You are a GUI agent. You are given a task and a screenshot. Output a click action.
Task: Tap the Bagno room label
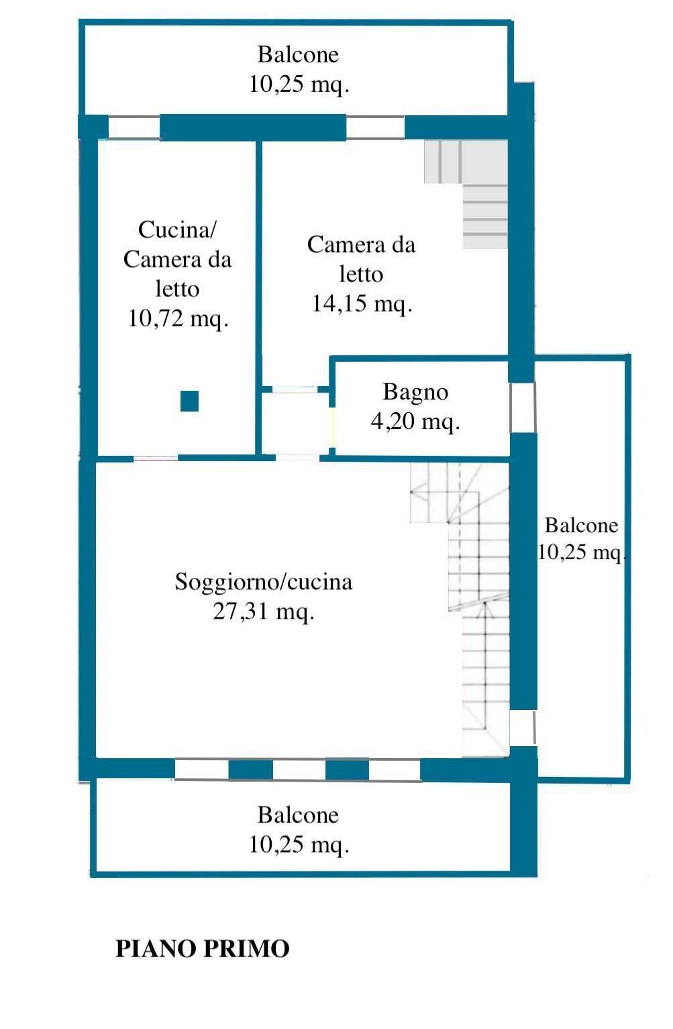click(x=415, y=393)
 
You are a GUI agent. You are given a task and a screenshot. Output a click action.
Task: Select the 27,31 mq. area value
click(x=264, y=612)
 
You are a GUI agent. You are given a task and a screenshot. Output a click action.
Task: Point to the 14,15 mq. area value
click(x=362, y=304)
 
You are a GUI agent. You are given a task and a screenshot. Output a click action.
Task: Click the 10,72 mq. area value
click(x=178, y=318)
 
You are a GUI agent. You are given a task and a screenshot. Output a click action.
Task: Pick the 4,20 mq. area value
click(x=415, y=421)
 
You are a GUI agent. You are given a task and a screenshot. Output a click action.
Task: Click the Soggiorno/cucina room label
click(x=264, y=582)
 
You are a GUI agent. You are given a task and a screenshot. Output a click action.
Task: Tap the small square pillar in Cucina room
click(x=189, y=401)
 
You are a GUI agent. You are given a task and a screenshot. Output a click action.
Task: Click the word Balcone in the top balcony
click(x=298, y=55)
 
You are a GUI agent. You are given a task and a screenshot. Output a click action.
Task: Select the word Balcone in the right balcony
click(x=581, y=526)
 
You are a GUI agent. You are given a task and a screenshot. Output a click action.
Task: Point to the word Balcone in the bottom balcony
click(x=298, y=815)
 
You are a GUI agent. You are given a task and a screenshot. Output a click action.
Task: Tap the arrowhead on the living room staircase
click(x=484, y=609)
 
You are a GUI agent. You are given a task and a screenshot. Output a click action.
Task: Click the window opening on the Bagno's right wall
click(x=523, y=407)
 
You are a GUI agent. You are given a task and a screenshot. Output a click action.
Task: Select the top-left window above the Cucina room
click(x=134, y=127)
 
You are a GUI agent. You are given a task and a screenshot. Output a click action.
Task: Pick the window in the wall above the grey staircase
click(x=375, y=127)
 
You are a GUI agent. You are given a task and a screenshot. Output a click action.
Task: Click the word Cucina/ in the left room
click(x=177, y=230)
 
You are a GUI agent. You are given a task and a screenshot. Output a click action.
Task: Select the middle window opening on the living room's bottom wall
click(x=299, y=770)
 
